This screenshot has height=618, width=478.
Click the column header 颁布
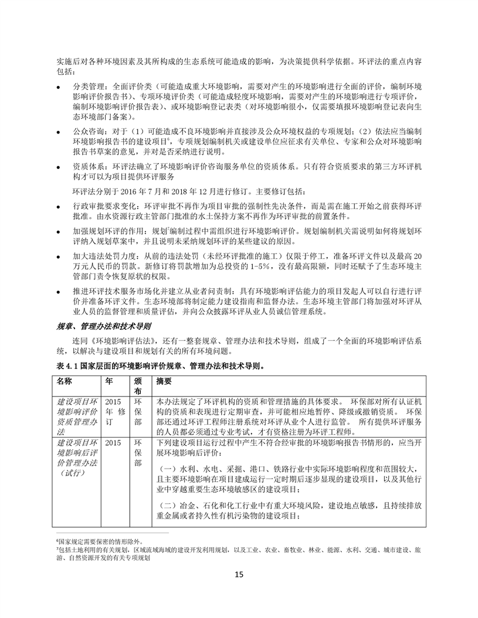(138, 386)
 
